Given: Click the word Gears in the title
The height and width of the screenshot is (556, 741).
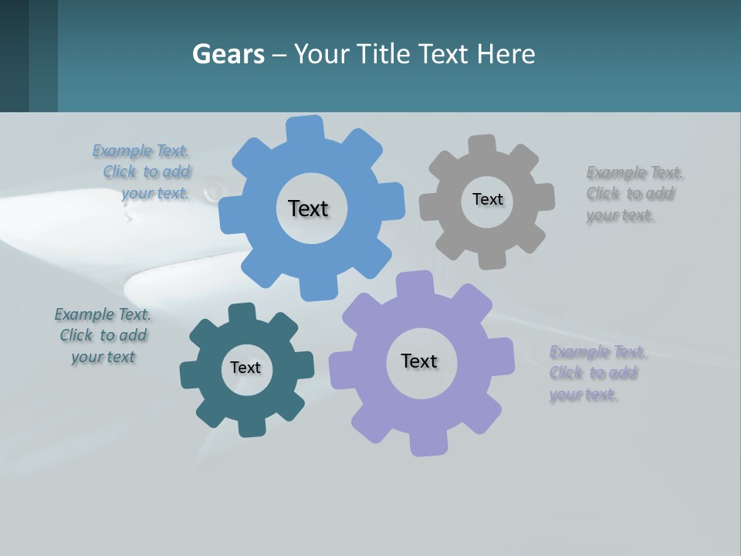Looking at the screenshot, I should click(x=228, y=55).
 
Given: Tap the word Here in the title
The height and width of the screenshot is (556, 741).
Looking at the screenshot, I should click(x=506, y=55).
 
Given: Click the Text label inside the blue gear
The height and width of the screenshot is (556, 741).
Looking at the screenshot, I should click(x=308, y=208).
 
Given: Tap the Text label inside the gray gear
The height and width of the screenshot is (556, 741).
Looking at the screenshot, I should click(x=487, y=199).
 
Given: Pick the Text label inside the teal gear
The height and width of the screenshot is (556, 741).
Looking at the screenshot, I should click(x=245, y=368).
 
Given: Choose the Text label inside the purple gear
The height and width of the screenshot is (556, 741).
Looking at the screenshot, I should click(x=419, y=361).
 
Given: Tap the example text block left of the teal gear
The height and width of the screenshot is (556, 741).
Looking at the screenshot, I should click(x=103, y=335).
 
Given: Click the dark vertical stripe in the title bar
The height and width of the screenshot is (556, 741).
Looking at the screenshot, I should click(x=43, y=56).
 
